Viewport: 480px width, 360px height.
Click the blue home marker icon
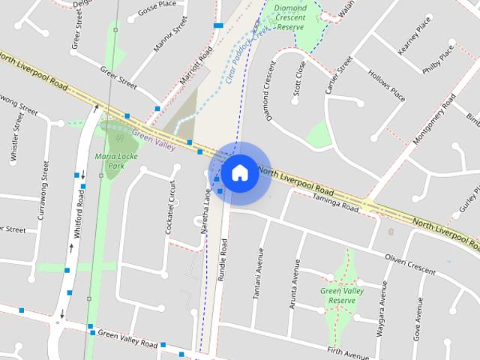(x=239, y=172)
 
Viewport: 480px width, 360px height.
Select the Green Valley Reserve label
(x=337, y=295)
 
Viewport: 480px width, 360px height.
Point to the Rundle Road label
(x=222, y=259)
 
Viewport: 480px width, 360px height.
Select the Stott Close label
(x=301, y=80)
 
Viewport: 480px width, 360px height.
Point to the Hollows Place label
(x=387, y=85)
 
